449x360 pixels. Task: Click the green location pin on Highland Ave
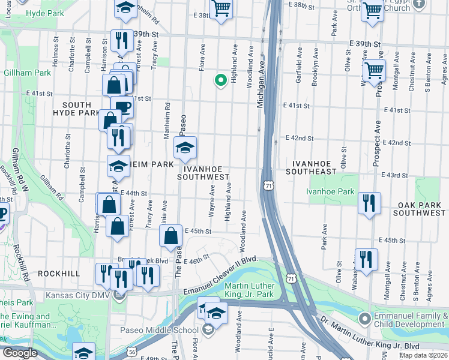tap(220, 79)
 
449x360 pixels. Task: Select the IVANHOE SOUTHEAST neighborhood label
tap(314, 167)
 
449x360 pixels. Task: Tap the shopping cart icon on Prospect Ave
tap(374, 71)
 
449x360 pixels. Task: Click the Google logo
tap(20, 353)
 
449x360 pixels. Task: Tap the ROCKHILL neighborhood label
tap(58, 273)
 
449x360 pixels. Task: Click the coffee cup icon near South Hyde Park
tap(122, 106)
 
